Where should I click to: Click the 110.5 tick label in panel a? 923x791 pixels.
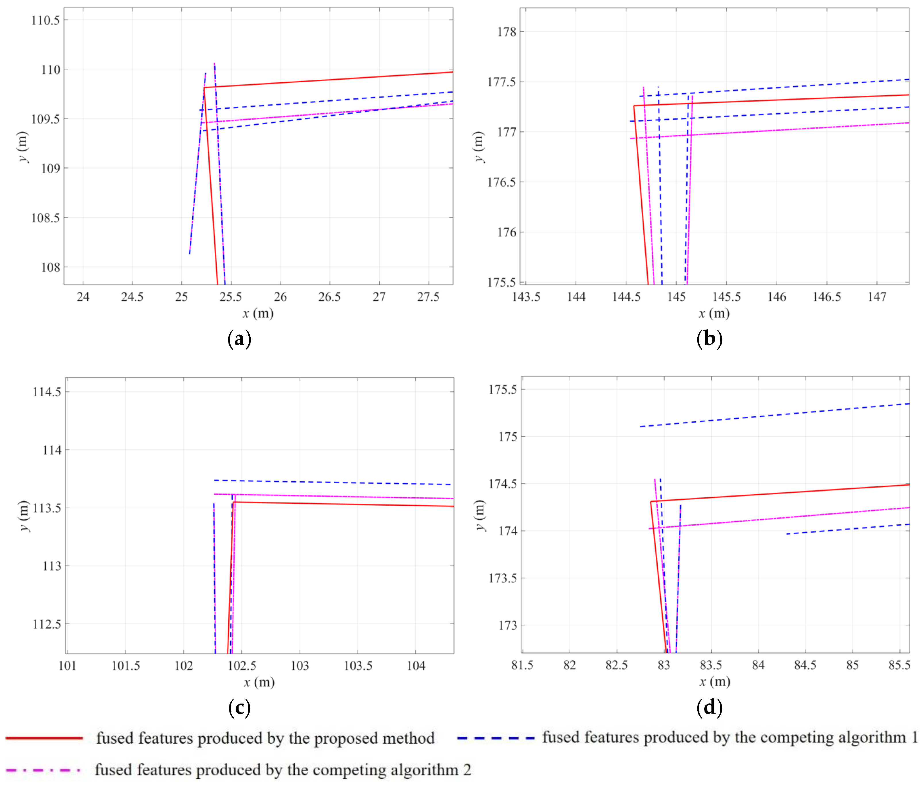[x=45, y=20]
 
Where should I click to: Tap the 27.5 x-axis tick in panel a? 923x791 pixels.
[x=428, y=297]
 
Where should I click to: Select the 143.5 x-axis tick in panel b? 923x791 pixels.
[x=526, y=297]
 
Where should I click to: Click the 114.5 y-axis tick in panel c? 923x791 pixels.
[x=47, y=392]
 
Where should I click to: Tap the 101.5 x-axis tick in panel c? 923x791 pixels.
[x=126, y=666]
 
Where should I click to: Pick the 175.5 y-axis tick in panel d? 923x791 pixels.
[x=503, y=389]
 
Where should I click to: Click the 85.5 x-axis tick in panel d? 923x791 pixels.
[x=899, y=665]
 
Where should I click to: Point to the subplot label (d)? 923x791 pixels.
[x=709, y=708]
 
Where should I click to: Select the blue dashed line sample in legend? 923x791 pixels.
[x=495, y=738]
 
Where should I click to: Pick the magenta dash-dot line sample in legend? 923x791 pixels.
[x=43, y=770]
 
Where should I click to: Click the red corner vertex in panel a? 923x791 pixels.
[x=204, y=88]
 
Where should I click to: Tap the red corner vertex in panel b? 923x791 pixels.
[x=634, y=106]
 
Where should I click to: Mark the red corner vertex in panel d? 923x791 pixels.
[x=651, y=502]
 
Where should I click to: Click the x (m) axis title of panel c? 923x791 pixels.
[x=259, y=682]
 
